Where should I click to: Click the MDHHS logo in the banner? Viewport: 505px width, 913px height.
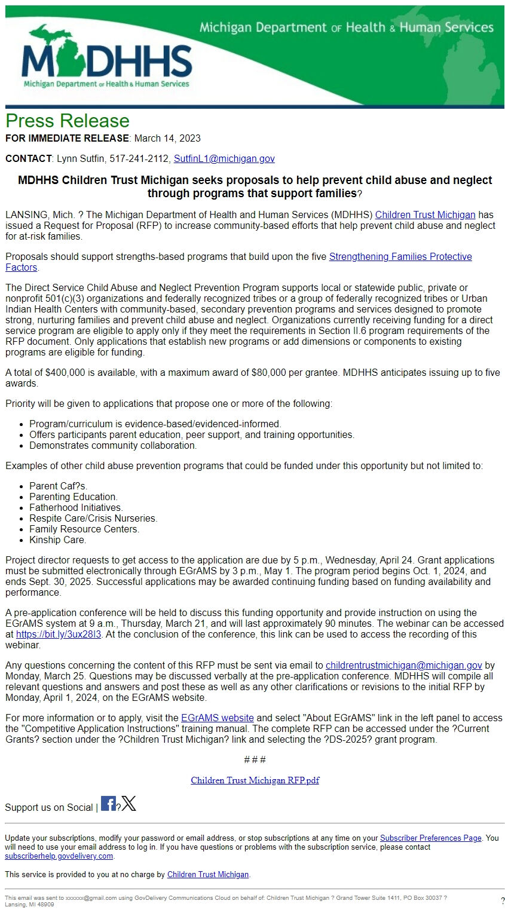(106, 59)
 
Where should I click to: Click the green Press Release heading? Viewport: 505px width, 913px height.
(68, 121)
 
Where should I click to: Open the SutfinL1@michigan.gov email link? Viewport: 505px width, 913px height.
(224, 159)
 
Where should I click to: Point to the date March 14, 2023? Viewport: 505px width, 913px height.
(167, 139)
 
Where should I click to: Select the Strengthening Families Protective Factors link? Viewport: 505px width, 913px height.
(400, 257)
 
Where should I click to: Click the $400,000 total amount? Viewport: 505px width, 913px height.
(65, 373)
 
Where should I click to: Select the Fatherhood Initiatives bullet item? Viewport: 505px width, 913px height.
(76, 508)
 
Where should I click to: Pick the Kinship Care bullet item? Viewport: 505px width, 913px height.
(57, 540)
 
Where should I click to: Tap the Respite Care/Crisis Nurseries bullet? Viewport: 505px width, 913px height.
(93, 519)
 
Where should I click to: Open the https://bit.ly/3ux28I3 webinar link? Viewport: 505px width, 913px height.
(59, 635)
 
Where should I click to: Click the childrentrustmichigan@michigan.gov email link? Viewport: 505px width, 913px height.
(403, 666)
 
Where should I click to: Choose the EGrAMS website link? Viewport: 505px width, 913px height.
(218, 718)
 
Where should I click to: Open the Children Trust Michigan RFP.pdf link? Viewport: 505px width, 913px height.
(255, 780)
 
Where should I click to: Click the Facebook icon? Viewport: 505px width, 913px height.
(108, 804)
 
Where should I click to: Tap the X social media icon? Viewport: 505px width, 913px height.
(129, 804)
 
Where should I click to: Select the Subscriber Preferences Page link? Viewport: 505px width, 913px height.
(430, 838)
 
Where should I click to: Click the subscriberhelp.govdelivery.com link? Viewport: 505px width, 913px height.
(59, 856)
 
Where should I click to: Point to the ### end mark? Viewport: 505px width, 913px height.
(255, 760)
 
